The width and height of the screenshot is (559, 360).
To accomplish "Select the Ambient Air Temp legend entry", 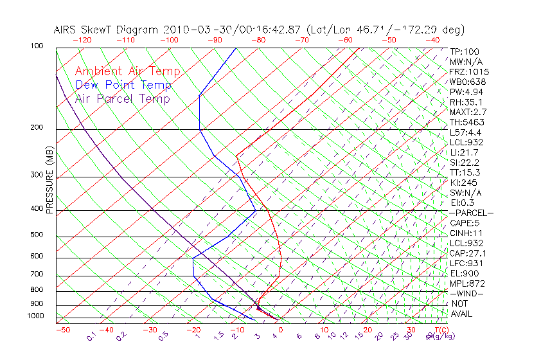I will point(127,71).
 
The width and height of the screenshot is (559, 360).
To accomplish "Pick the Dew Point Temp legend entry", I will point(123,85).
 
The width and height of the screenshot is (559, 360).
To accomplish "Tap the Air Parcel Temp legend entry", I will point(122,98).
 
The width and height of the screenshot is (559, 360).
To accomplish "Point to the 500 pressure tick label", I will point(37,235).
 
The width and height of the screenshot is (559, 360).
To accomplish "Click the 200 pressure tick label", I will point(37,128).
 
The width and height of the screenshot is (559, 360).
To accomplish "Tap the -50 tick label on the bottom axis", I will point(62,330).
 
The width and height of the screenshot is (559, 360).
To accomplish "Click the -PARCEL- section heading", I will point(471,213).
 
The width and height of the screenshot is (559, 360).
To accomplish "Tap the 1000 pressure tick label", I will point(35,316).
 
